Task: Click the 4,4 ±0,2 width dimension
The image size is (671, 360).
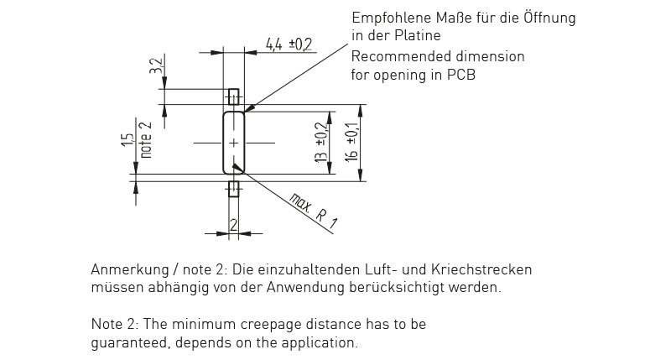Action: pos(289,44)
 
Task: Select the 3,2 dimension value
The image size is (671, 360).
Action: pos(157,66)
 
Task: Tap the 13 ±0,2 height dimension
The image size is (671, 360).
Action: pos(321,143)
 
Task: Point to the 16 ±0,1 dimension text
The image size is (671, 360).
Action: pos(351,143)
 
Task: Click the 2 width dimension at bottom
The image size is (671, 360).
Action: pos(234,225)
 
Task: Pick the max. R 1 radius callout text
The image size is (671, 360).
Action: pos(314,211)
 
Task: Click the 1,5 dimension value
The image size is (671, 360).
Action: pos(127,140)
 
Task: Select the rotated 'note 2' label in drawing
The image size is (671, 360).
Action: pos(146,140)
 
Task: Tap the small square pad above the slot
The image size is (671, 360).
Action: pos(233,97)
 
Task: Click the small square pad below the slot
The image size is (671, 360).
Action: pos(234,189)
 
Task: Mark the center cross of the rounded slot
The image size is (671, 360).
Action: pos(234,143)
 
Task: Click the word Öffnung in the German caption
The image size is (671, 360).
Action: pos(549,18)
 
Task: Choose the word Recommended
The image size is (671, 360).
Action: pos(401,57)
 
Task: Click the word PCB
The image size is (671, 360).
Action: pos(461,75)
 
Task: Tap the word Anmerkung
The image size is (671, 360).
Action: pos(130,270)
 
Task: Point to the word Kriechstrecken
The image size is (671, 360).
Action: pos(481,269)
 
